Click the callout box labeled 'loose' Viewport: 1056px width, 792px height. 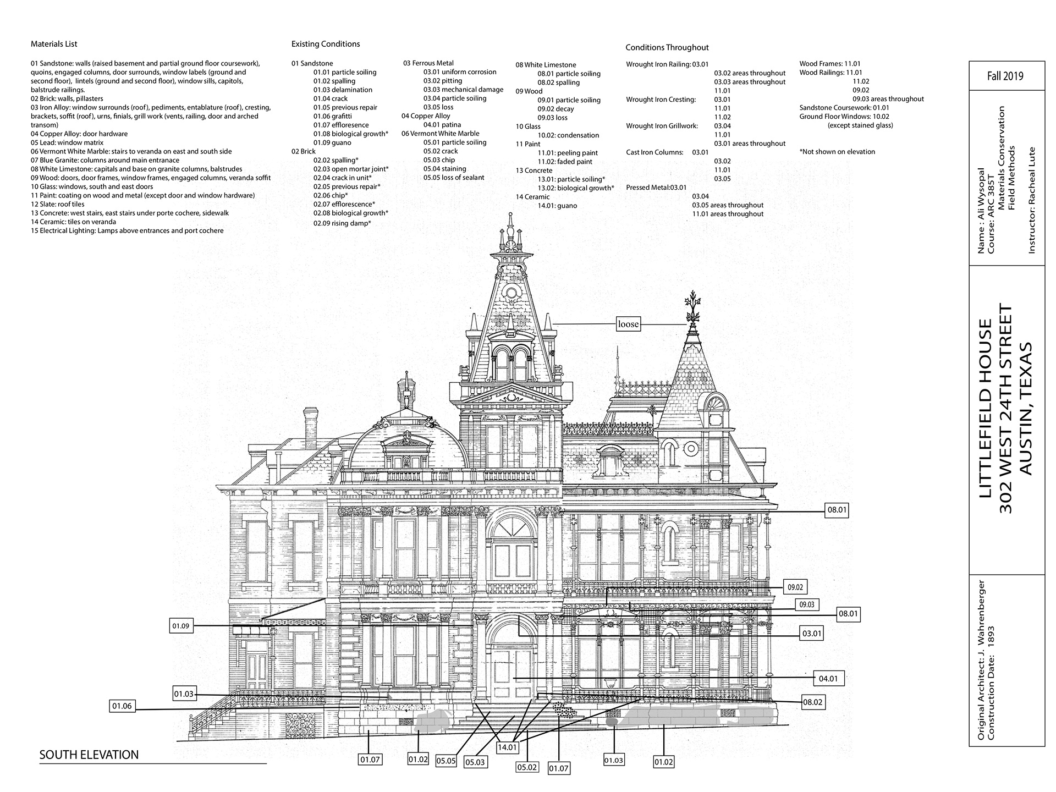pos(628,324)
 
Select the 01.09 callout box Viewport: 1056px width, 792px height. pos(181,626)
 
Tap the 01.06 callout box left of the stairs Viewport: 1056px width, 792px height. pos(122,706)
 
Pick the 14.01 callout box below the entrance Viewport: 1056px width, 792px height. pos(507,747)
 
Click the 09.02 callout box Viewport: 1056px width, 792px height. pos(795,587)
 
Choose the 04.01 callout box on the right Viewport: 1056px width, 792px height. pos(828,679)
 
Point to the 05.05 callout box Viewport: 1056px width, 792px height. pos(446,761)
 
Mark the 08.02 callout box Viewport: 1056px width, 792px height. pos(812,702)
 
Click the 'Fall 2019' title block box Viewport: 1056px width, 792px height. pos(1005,76)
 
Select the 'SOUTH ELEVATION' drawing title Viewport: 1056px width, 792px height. pos(89,755)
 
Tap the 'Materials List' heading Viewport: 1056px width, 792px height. pos(54,44)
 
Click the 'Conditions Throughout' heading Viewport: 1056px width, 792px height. pos(667,47)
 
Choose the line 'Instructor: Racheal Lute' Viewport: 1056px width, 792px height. pos(1031,200)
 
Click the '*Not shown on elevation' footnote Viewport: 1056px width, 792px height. pos(837,152)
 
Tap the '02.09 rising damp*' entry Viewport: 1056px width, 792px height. pos(342,223)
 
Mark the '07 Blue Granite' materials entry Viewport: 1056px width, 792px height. pos(105,160)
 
